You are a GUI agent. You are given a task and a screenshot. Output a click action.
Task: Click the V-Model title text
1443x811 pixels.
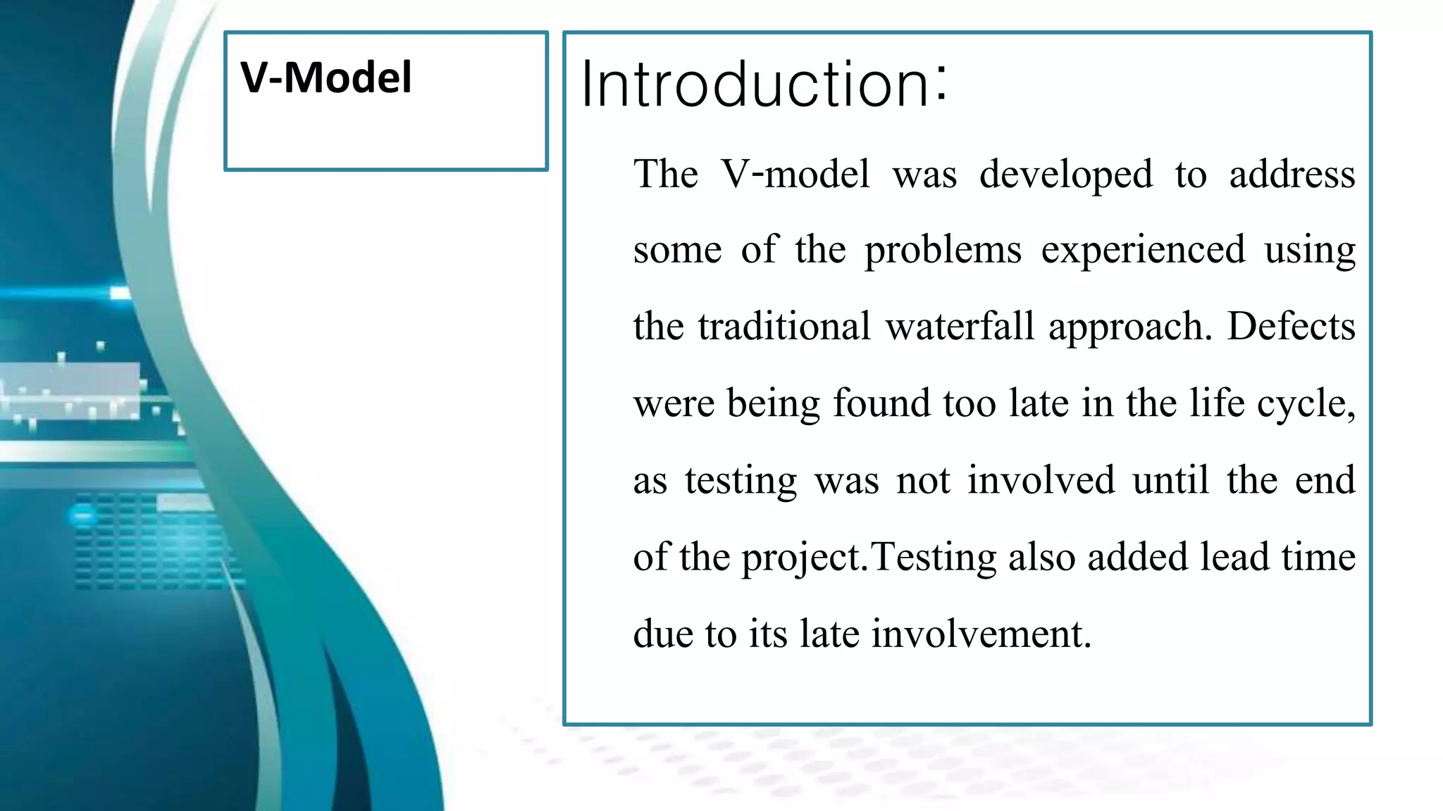click(x=326, y=77)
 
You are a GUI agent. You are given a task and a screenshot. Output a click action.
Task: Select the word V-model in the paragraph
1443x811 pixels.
click(x=795, y=174)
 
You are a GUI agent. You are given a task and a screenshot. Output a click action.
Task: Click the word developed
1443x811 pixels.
click(x=1065, y=175)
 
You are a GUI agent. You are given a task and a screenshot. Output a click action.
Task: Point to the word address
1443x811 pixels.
click(x=1292, y=174)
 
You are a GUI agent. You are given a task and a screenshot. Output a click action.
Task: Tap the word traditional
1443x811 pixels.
click(x=784, y=327)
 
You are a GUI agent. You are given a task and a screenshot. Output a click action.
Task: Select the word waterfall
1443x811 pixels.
click(x=960, y=327)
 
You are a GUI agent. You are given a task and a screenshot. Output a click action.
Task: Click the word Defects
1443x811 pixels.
click(x=1291, y=327)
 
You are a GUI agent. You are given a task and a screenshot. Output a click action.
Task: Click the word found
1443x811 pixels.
click(x=881, y=403)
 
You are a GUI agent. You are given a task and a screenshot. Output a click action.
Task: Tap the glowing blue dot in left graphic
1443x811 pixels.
click(x=83, y=516)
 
